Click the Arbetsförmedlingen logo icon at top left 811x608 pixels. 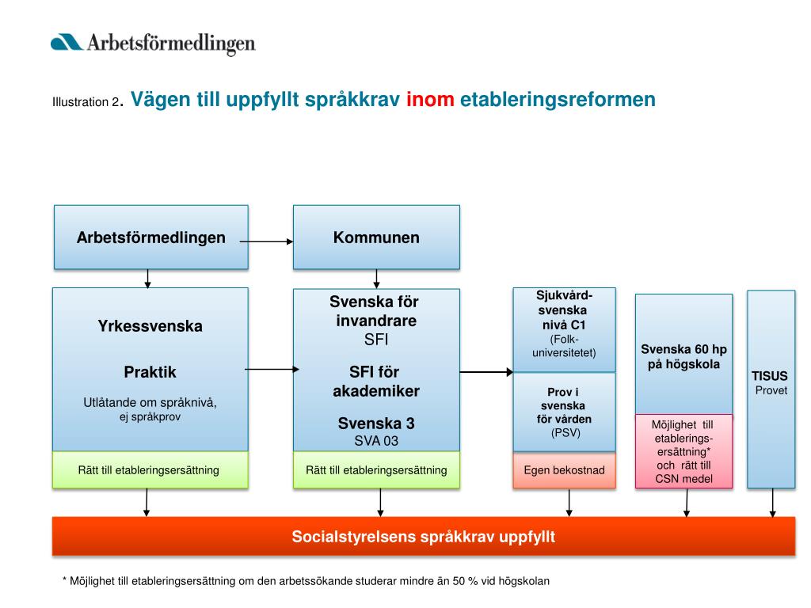[x=67, y=42]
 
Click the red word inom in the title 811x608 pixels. [x=429, y=100]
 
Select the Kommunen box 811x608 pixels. [x=376, y=237]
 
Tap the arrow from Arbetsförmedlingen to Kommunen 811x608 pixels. [x=267, y=241]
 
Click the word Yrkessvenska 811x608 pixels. [x=150, y=325]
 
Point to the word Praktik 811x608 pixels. [x=150, y=372]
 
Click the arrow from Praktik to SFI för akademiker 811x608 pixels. [x=272, y=369]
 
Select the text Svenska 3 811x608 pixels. [x=376, y=424]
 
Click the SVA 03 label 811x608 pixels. [x=376, y=440]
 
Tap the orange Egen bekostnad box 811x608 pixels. [x=564, y=470]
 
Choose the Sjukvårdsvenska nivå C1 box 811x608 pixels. [x=564, y=329]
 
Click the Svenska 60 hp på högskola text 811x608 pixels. [x=683, y=356]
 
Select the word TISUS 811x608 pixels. [x=770, y=377]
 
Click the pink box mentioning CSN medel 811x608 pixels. [x=683, y=451]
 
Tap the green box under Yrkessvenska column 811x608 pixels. [x=150, y=470]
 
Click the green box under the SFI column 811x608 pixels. [x=376, y=470]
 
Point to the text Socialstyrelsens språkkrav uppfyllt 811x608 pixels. [x=424, y=537]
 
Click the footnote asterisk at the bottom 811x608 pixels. [x=65, y=580]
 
